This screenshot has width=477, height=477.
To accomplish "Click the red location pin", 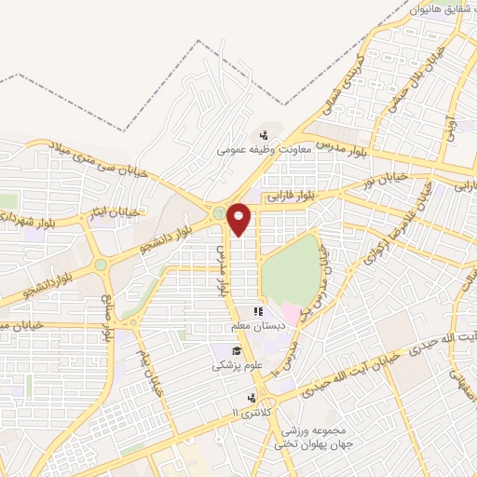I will tap(239, 218).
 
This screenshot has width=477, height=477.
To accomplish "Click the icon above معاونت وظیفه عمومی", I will tap(266, 132).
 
